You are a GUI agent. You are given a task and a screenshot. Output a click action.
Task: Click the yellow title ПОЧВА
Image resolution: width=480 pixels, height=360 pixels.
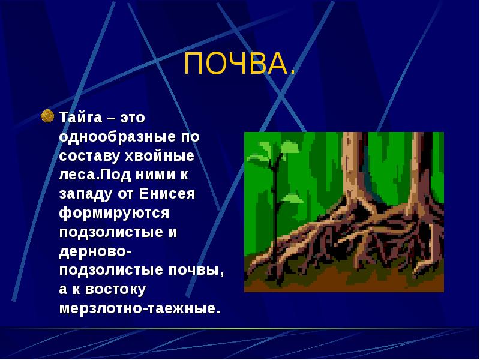point(239,64)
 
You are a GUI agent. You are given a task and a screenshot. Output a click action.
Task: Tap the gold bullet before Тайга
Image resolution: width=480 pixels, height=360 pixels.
point(47,115)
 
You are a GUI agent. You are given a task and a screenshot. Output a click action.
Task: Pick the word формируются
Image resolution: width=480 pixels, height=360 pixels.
point(115,213)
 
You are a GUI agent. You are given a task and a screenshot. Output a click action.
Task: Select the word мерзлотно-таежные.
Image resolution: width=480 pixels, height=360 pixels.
point(140,310)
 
